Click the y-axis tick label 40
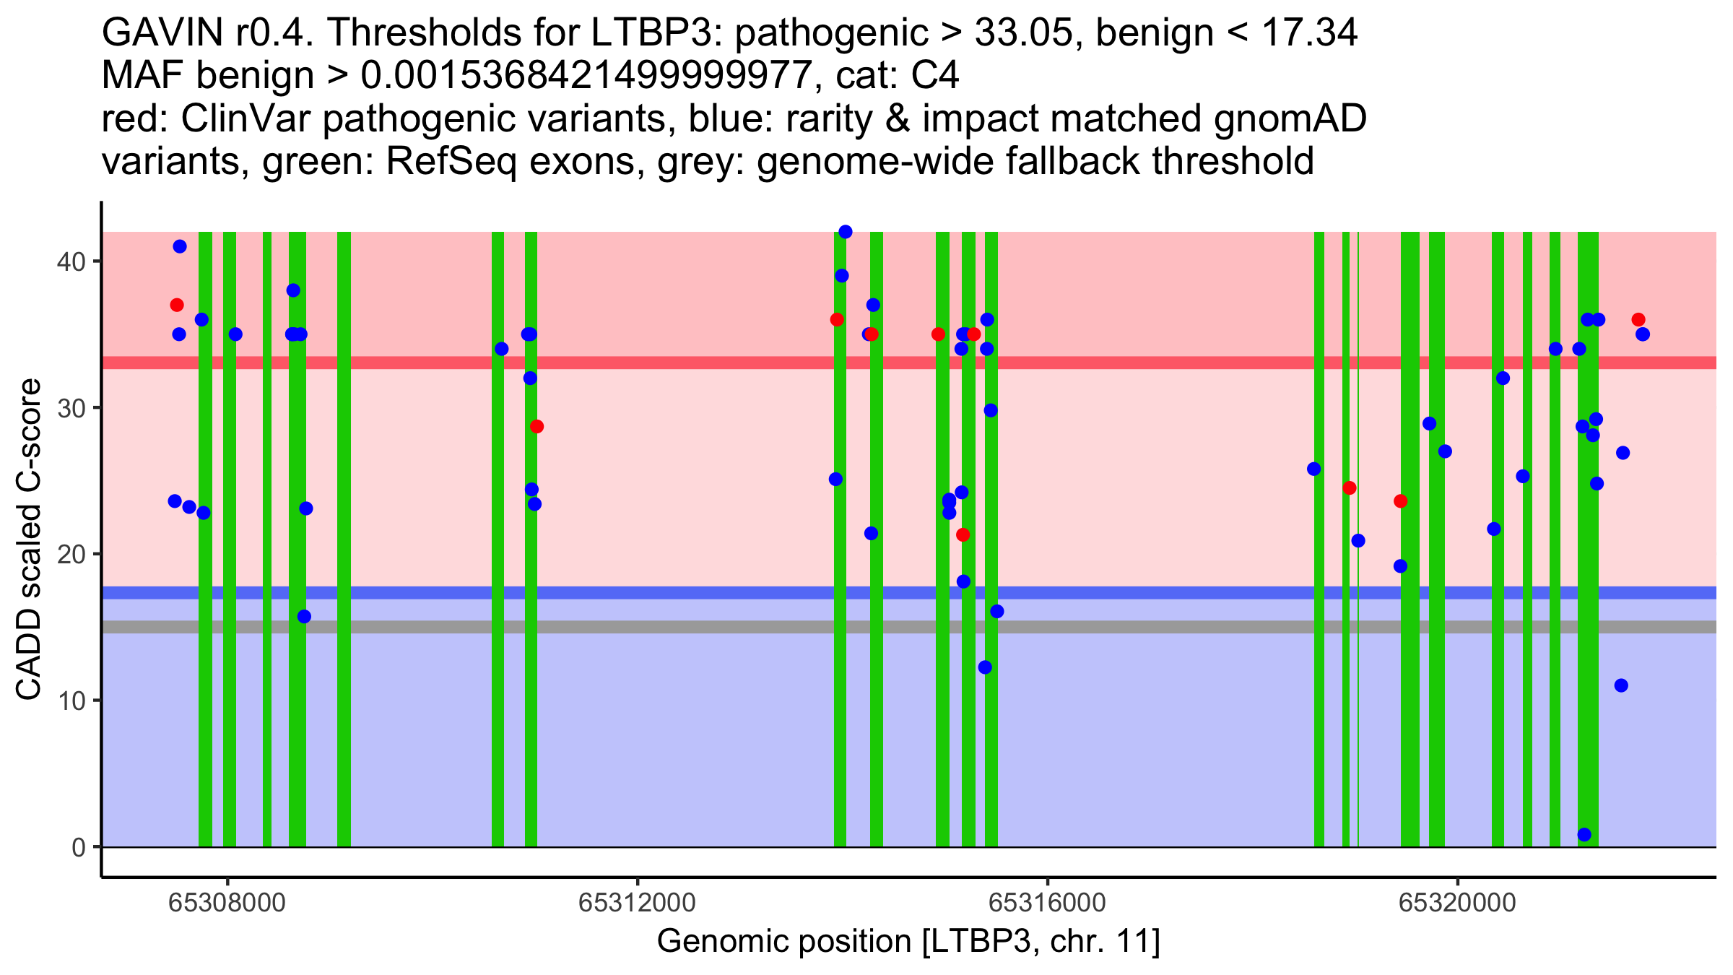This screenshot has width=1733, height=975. coord(70,261)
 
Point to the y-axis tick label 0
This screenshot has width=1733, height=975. coord(78,847)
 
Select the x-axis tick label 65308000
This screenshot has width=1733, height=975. coord(227,903)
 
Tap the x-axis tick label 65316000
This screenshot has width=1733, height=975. coord(1047,903)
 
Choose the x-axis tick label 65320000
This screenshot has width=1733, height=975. coord(1457,903)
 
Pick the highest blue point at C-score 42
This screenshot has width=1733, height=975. coord(845,232)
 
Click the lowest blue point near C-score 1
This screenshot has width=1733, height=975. coord(1584,835)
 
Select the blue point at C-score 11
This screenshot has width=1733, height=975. coord(1621,685)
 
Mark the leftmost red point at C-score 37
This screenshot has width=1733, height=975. coord(177,305)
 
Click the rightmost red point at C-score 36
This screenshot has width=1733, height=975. coord(1638,320)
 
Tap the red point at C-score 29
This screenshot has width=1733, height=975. coord(537,427)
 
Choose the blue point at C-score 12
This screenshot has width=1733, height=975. coord(985,667)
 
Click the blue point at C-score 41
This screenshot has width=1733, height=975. coord(180,246)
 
